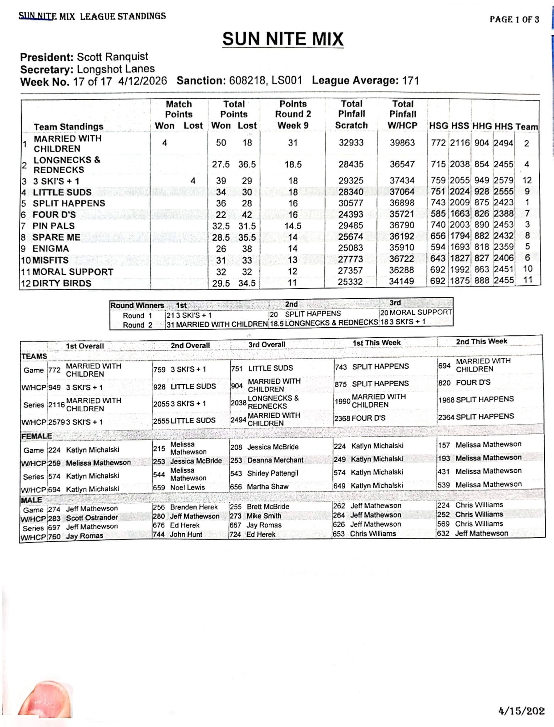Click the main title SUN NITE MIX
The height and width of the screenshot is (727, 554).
coord(283,39)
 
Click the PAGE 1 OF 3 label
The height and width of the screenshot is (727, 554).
coord(514,20)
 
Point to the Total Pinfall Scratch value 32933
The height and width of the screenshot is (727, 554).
coord(351,143)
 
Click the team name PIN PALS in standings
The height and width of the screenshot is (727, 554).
coord(54,226)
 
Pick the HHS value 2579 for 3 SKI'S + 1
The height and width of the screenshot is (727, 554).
coord(503,180)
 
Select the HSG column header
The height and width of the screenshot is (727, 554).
coord(438,126)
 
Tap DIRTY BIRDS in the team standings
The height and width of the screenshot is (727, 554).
coord(62,283)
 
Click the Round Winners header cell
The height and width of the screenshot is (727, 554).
coord(137,305)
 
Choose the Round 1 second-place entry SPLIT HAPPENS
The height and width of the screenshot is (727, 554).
coord(313,314)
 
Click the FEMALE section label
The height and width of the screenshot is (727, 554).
coord(37,436)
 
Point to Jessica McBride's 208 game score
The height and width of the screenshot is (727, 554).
coord(236,447)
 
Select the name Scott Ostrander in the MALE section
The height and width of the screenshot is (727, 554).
coord(92,518)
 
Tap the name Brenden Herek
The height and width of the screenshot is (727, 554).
coord(194,507)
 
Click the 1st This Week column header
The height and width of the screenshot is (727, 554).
coord(376,343)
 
